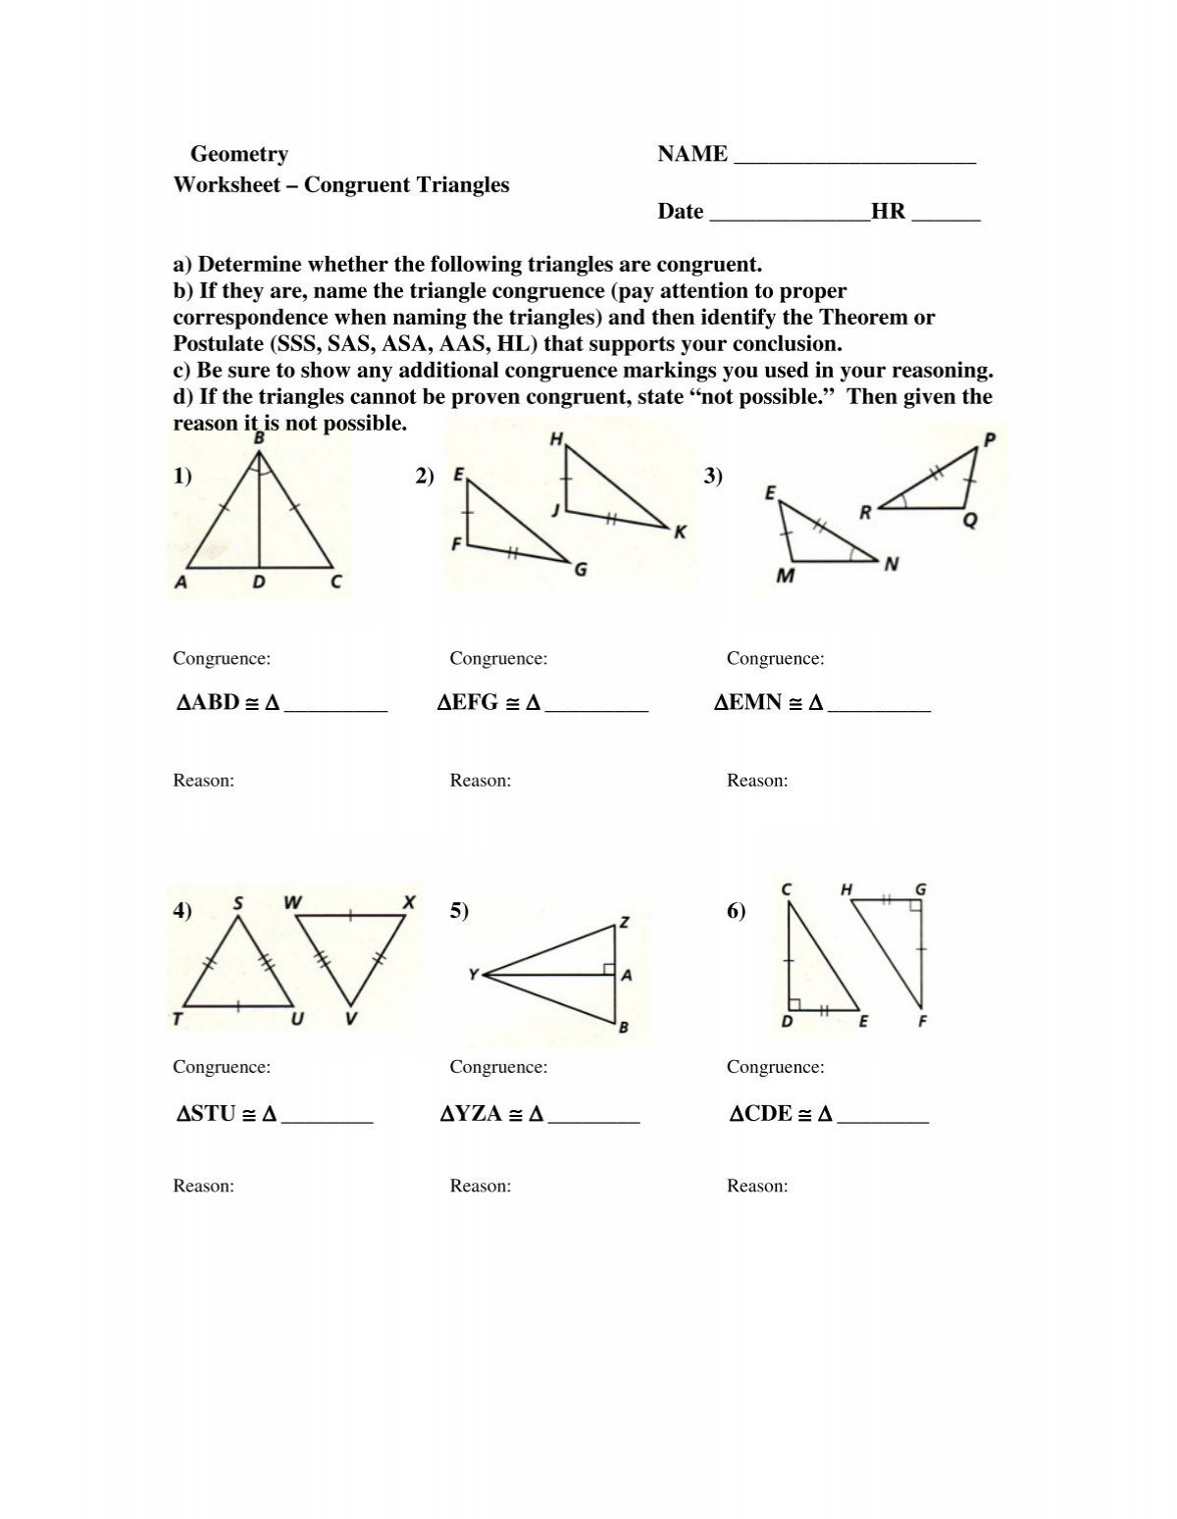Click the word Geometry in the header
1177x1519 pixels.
[238, 154]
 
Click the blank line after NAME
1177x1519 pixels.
[853, 157]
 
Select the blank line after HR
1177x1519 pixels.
[946, 215]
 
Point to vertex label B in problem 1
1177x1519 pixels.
[259, 437]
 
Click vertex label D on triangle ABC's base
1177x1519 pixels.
[259, 582]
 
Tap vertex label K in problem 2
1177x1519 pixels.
[679, 532]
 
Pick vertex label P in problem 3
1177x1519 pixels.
[988, 439]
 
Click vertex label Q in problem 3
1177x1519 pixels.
[969, 522]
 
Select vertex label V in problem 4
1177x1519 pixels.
[350, 1020]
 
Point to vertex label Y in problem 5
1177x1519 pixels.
[473, 974]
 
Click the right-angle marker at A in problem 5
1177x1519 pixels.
[608, 970]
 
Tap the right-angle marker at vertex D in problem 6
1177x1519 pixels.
[793, 1004]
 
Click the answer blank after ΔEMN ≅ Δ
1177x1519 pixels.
[879, 705]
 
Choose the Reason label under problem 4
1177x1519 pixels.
[203, 1186]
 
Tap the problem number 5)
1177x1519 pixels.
[460, 911]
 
